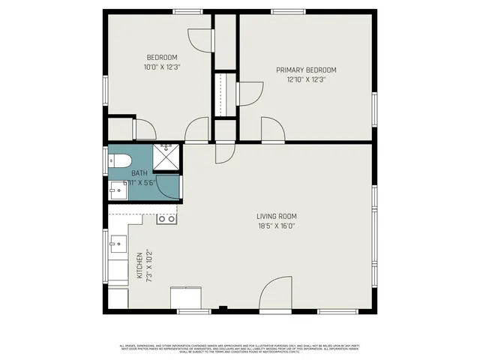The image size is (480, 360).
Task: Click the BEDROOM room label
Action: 161,58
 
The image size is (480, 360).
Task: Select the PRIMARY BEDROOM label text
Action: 305,70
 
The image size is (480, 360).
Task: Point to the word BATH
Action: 139,173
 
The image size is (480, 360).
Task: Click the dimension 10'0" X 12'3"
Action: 161,67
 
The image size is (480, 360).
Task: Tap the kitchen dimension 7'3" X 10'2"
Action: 149,267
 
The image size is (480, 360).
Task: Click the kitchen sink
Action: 118,243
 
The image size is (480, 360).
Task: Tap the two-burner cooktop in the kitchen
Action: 166,219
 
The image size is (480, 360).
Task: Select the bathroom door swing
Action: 170,187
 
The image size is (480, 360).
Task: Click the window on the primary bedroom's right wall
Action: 374,106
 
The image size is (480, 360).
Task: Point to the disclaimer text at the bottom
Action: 240,347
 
